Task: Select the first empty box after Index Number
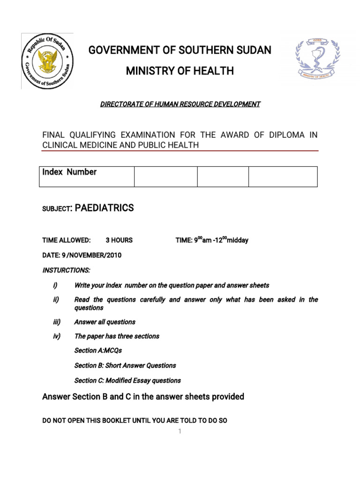165,176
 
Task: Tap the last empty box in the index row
283,176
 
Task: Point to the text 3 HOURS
119,240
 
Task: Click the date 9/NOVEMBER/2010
82,255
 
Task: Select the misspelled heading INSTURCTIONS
66,270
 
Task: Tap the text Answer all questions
105,322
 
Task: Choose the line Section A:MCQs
98,350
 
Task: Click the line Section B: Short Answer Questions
125,365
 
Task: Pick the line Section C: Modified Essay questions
127,380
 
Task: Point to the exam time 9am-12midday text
212,240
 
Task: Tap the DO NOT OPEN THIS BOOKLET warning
135,420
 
